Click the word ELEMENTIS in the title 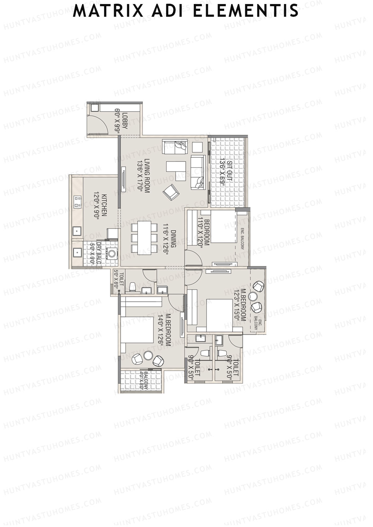[246, 11]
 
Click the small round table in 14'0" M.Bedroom [149, 355]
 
